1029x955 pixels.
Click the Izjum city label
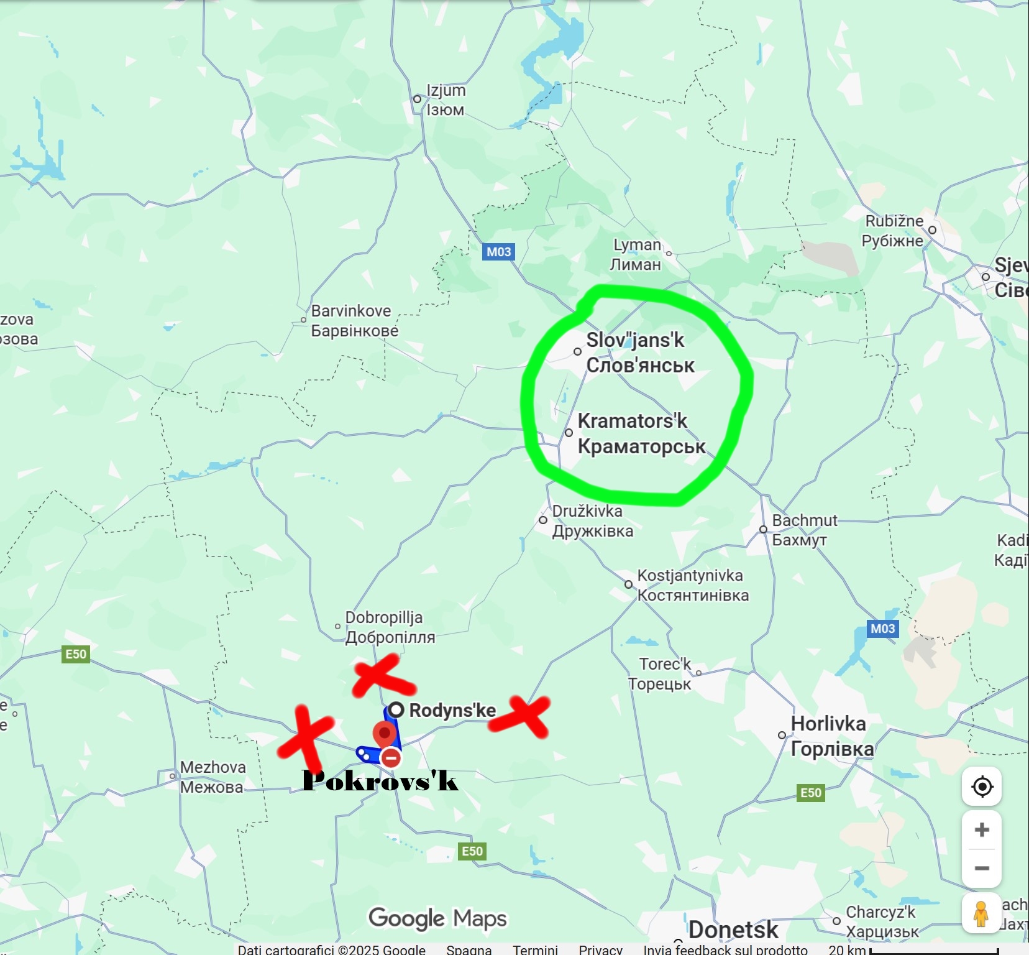pyautogui.click(x=446, y=99)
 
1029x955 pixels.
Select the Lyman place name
pyautogui.click(x=636, y=254)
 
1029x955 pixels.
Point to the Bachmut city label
pyautogui.click(x=804, y=530)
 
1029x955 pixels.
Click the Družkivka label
pyautogui.click(x=592, y=521)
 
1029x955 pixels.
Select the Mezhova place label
pyautogui.click(x=213, y=777)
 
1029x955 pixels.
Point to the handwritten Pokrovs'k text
pyautogui.click(x=380, y=781)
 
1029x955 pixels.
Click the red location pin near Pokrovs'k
pyautogui.click(x=385, y=734)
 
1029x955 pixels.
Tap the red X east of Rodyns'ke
pyautogui.click(x=520, y=716)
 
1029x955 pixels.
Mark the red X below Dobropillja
pyautogui.click(x=382, y=676)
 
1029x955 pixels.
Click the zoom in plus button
pyautogui.click(x=982, y=830)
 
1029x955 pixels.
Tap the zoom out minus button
pyautogui.click(x=982, y=868)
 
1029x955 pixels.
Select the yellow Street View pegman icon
pyautogui.click(x=981, y=914)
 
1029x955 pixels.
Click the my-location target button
pyautogui.click(x=982, y=787)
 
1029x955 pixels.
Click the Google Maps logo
pyautogui.click(x=437, y=918)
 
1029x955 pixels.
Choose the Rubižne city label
pyautogui.click(x=894, y=231)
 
